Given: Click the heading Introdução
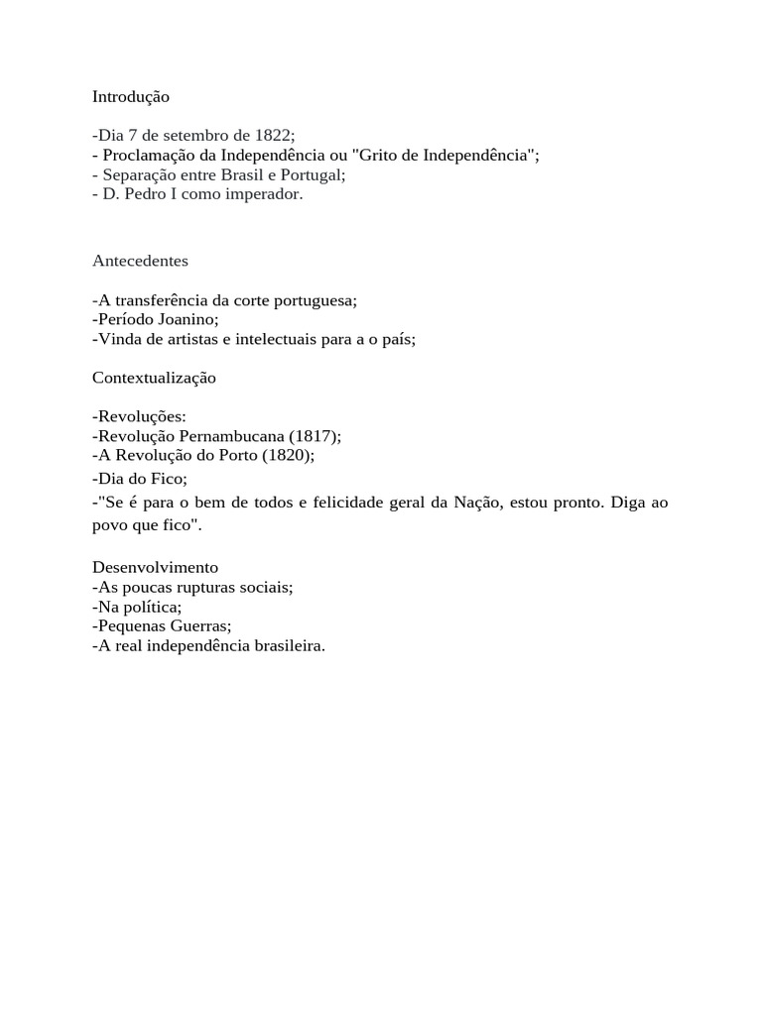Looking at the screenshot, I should (131, 97).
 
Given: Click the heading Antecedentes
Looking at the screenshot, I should (140, 261).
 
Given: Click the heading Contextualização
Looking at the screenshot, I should (154, 378).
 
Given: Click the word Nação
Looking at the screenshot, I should (478, 503).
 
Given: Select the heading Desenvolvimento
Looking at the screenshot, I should (155, 568).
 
